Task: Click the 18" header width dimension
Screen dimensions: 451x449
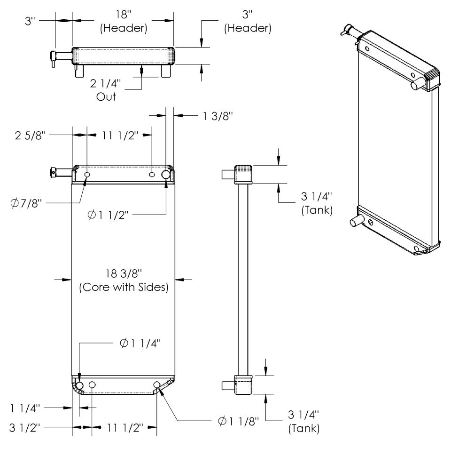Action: pyautogui.click(x=124, y=15)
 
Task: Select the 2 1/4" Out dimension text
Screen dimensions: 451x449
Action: pyautogui.click(x=106, y=90)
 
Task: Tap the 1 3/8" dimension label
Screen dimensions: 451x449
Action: pyautogui.click(x=218, y=116)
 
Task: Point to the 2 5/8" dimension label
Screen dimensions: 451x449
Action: pyautogui.click(x=31, y=135)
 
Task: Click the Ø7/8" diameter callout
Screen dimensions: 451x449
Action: pyautogui.click(x=26, y=203)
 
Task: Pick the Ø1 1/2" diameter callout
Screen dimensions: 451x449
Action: pyautogui.click(x=108, y=215)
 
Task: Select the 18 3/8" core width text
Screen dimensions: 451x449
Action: pyautogui.click(x=124, y=273)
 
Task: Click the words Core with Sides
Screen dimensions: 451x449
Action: pyautogui.click(x=124, y=287)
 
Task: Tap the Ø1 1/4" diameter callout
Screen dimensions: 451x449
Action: pyautogui.click(x=140, y=343)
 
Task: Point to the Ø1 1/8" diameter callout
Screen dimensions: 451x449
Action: pyautogui.click(x=239, y=421)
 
